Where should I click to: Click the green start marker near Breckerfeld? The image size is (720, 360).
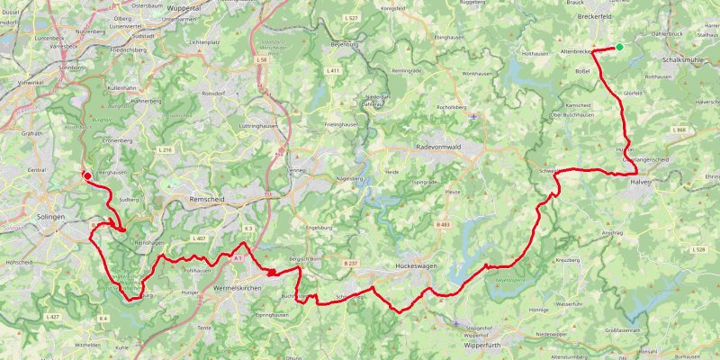pyautogui.click(x=619, y=47)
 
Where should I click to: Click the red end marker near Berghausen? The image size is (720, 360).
pyautogui.click(x=87, y=175)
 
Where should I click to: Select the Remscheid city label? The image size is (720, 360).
pyautogui.click(x=211, y=200)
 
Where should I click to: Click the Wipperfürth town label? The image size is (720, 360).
pyautogui.click(x=480, y=346)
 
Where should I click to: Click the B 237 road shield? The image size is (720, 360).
pyautogui.click(x=352, y=263)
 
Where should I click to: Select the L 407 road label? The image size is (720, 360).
pyautogui.click(x=200, y=238)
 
